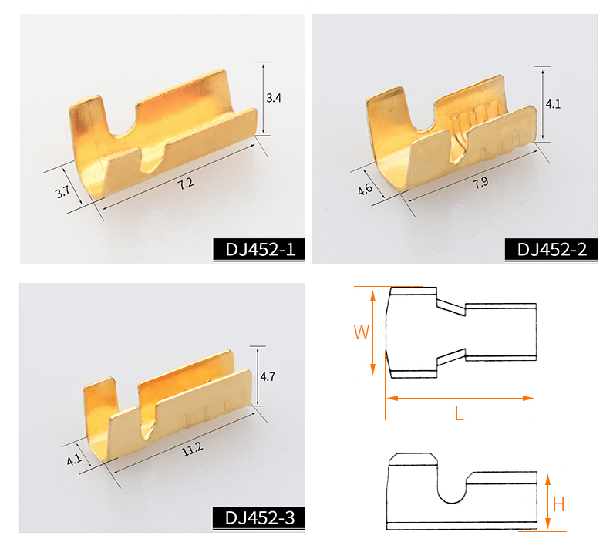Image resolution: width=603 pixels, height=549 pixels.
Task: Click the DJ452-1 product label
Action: (260, 250)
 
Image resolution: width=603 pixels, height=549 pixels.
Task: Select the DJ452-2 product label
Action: (552, 250)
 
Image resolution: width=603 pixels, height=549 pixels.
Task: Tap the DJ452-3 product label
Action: (260, 518)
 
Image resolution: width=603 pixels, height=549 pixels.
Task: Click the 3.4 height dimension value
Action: (274, 98)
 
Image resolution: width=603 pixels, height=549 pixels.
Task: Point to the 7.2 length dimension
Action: (186, 184)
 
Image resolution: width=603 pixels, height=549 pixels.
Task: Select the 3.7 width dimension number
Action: (62, 191)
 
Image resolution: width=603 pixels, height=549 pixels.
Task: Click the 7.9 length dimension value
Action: (480, 182)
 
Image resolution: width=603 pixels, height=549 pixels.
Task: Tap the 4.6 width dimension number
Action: (365, 188)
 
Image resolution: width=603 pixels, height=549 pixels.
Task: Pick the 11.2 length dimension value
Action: (192, 449)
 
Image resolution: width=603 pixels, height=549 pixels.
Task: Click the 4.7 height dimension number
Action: (268, 376)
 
